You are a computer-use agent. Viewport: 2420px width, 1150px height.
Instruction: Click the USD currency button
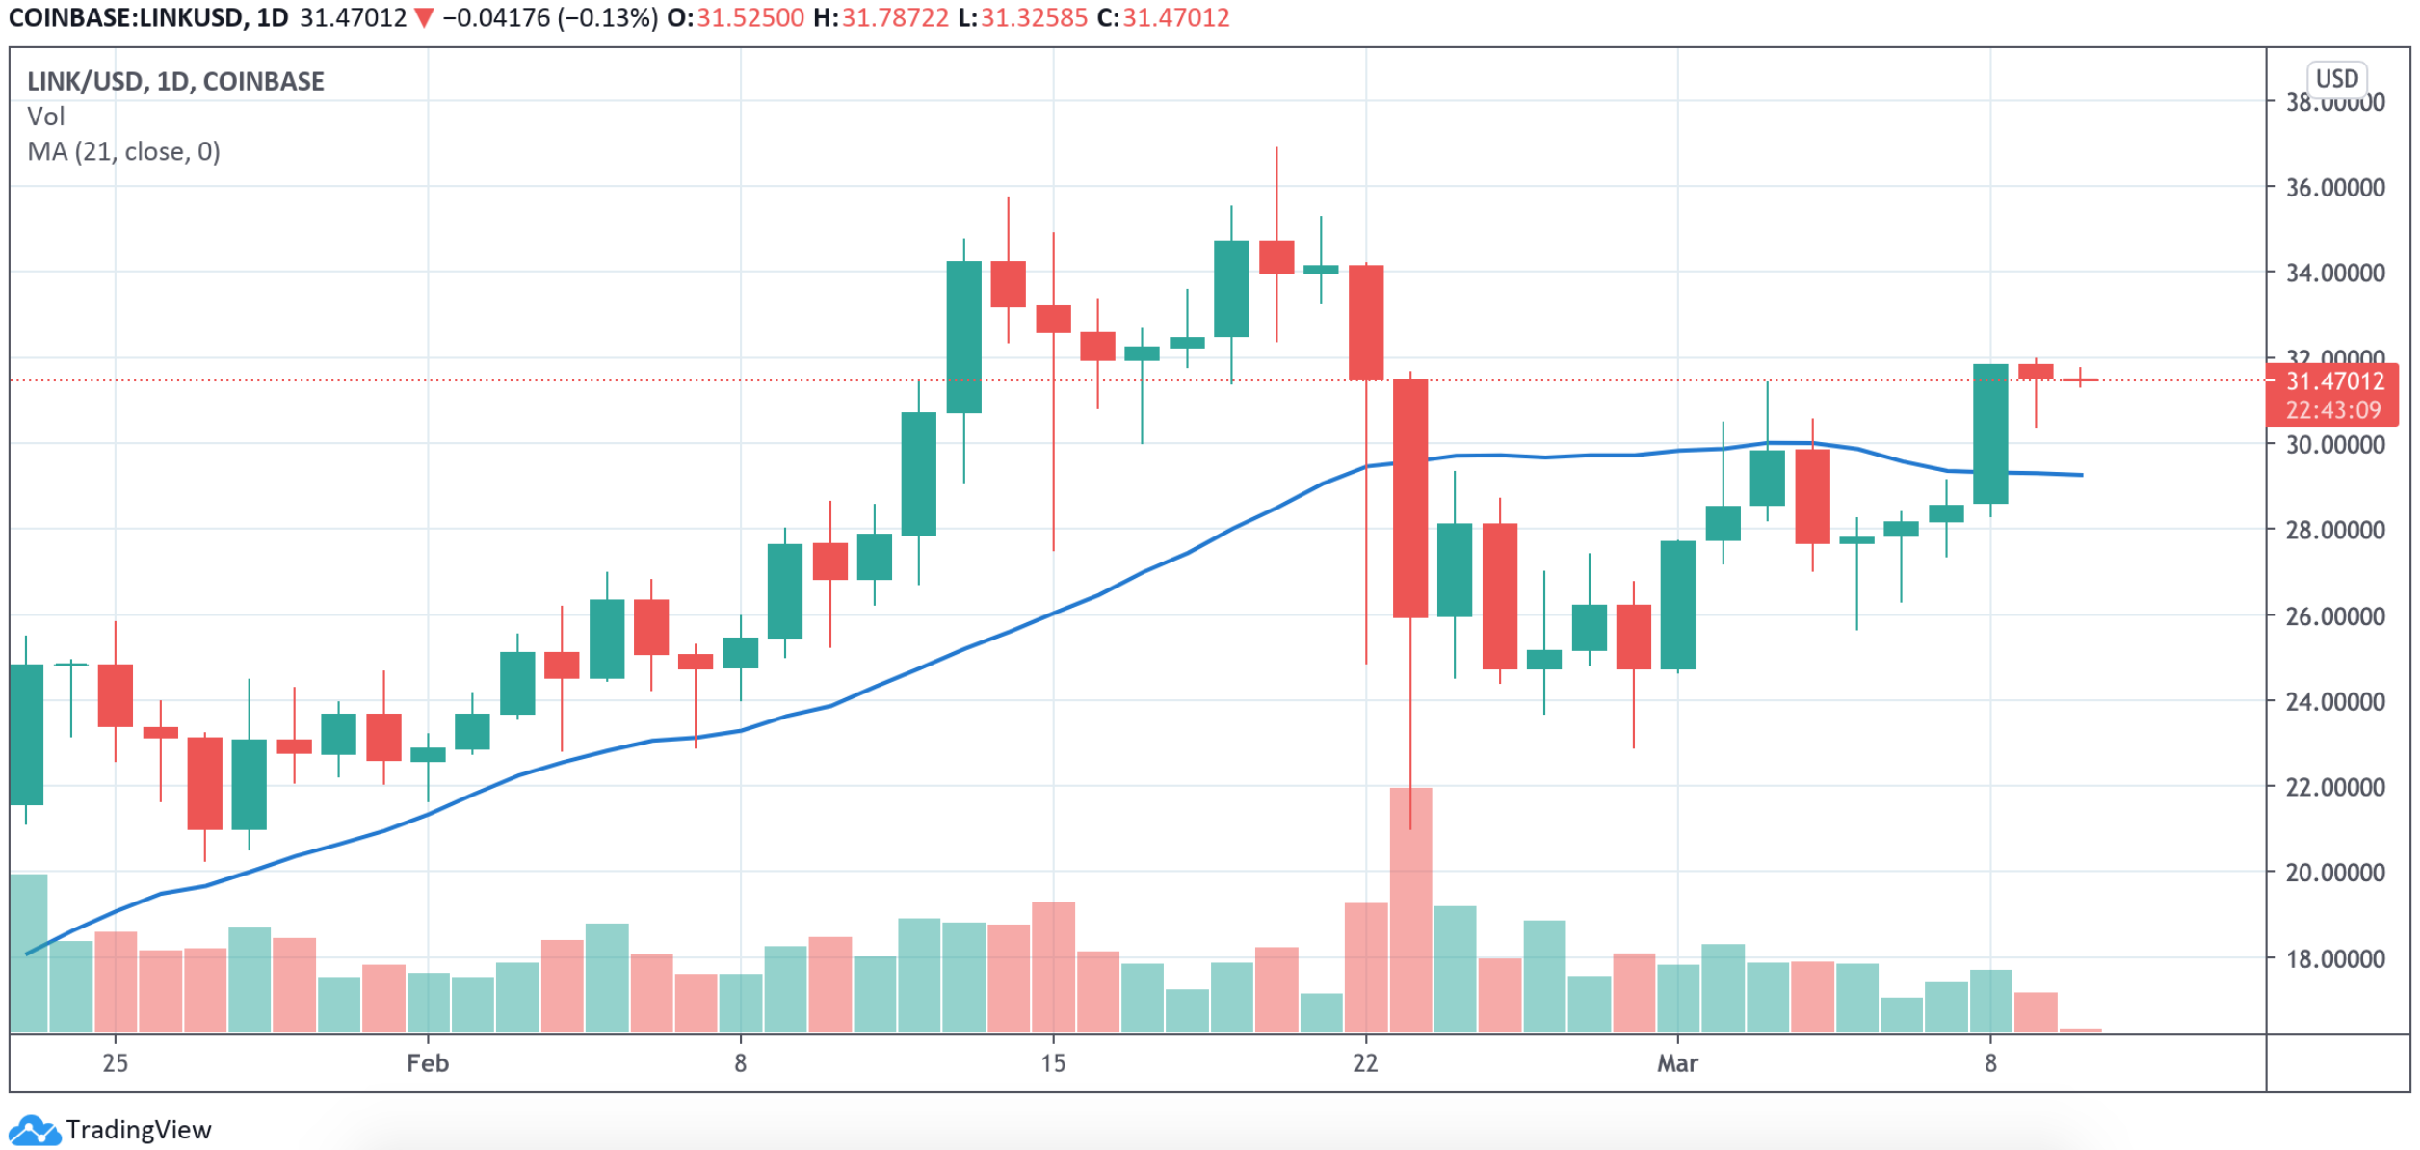tap(2336, 79)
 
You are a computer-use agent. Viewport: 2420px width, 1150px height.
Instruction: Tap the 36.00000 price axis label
tap(2335, 187)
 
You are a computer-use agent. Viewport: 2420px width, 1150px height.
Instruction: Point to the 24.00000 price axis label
tap(2335, 701)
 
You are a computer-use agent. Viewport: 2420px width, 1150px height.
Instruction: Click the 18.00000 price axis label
tap(2335, 958)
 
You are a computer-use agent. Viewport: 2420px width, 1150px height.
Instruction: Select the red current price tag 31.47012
tap(2334, 381)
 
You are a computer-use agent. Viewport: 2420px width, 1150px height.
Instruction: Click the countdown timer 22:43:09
tap(2332, 410)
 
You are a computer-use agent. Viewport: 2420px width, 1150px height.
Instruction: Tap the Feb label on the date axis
tap(427, 1063)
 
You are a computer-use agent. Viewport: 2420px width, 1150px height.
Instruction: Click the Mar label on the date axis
tap(1677, 1063)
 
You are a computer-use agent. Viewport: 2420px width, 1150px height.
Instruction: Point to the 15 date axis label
tap(1053, 1063)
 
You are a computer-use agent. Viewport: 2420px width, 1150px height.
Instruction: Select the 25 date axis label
tap(115, 1063)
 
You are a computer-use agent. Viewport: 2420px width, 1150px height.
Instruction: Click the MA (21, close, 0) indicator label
tap(123, 152)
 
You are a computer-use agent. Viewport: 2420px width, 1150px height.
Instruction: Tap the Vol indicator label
tap(45, 117)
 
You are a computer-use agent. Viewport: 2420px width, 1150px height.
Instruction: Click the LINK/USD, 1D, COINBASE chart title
tap(175, 82)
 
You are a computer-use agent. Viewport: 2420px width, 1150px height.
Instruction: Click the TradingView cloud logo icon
tap(34, 1130)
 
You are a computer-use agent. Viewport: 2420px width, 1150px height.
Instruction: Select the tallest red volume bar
tap(1410, 909)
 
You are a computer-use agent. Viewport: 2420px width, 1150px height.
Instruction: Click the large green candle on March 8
tap(1990, 433)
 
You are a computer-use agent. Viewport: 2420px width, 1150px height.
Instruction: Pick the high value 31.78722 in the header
tap(895, 18)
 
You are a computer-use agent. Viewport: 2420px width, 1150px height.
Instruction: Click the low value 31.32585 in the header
tap(1034, 18)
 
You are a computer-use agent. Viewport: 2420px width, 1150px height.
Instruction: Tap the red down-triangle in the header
tap(424, 18)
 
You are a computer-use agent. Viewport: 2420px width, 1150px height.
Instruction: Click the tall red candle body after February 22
tap(1410, 498)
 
